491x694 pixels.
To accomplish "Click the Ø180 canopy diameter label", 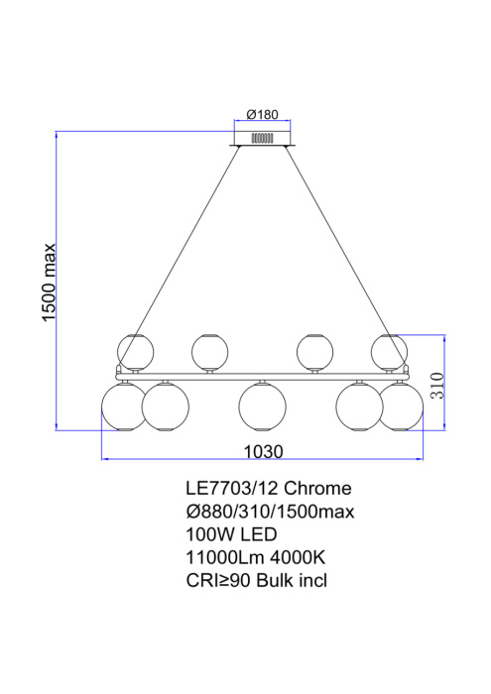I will click(x=262, y=113).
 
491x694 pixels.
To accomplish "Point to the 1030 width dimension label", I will click(x=263, y=451).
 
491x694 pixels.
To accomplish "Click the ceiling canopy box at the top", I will click(x=262, y=136).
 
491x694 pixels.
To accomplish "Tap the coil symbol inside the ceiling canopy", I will click(x=262, y=138).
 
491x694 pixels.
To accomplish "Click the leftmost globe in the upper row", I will click(x=136, y=350).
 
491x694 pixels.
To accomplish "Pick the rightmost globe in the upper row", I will click(x=389, y=350).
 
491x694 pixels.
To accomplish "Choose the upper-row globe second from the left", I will click(x=209, y=350).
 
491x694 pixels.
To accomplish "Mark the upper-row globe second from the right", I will click(x=315, y=350).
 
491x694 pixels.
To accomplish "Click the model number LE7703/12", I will click(x=232, y=489).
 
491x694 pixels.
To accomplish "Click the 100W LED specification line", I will click(x=227, y=534).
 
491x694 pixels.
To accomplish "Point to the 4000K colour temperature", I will click(x=299, y=557).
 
